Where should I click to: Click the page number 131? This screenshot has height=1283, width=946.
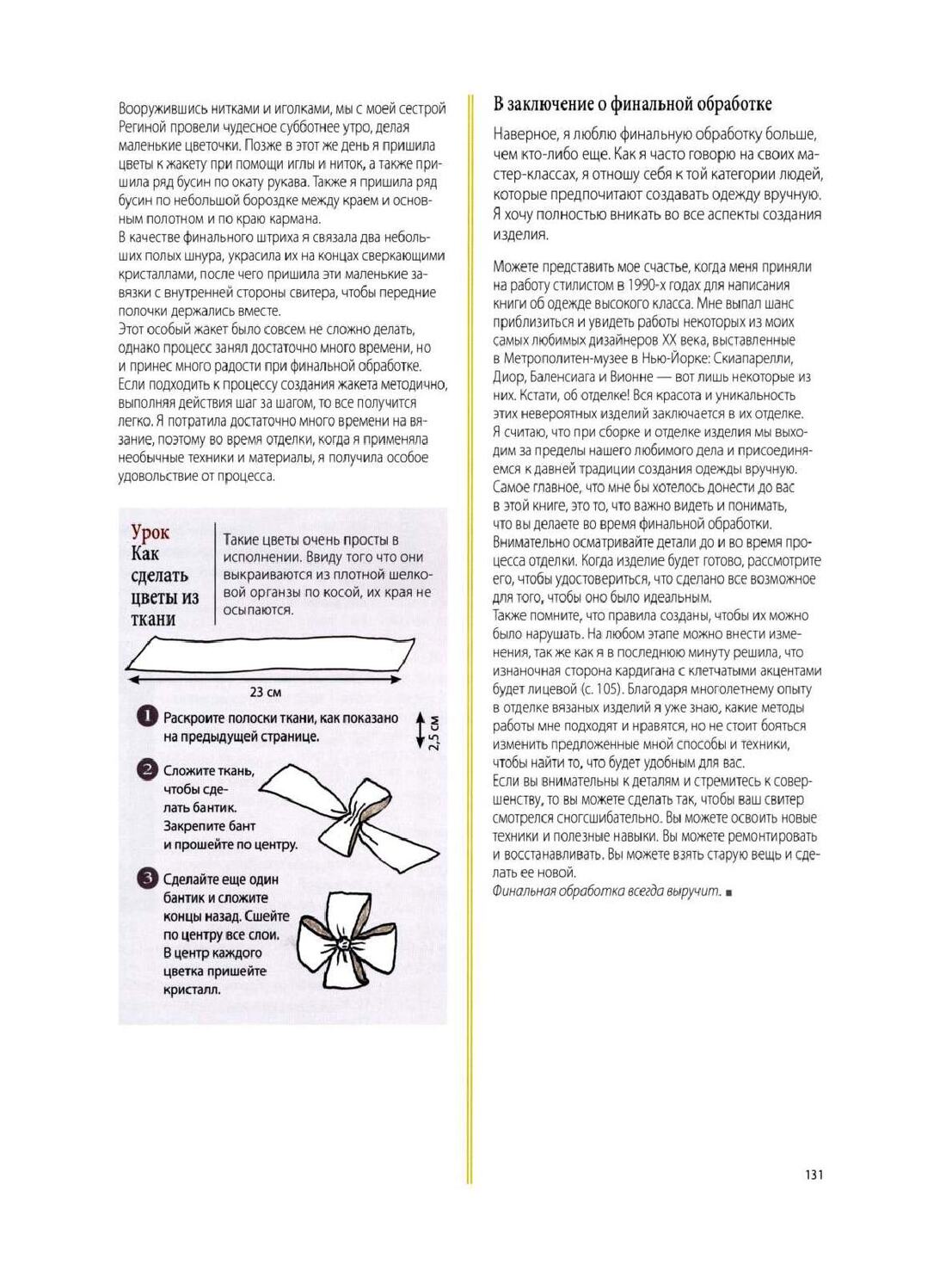[814, 1175]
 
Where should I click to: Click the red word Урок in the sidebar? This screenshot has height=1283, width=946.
[150, 533]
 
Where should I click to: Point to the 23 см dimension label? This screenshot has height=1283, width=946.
[265, 692]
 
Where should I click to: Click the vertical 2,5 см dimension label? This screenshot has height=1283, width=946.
[434, 731]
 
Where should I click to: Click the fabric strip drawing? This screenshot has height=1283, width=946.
[270, 653]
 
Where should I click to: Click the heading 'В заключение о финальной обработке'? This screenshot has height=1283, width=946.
[632, 104]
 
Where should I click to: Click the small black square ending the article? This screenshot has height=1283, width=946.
[728, 892]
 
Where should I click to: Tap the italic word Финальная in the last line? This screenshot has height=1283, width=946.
[524, 891]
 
